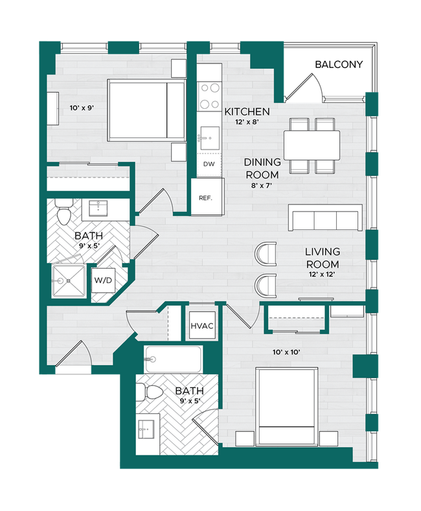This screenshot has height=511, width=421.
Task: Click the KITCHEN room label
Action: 247,112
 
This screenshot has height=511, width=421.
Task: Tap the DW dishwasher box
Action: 209,164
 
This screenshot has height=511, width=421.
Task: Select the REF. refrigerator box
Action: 206,198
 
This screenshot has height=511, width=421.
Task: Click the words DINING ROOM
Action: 262,168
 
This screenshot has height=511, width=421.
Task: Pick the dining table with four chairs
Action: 311,146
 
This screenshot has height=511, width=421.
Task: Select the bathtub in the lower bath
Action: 173,358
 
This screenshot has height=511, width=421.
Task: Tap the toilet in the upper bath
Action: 64,213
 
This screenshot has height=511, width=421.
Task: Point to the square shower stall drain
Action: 67,282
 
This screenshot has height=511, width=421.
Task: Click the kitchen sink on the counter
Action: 209,136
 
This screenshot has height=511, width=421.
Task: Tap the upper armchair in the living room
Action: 266,253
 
